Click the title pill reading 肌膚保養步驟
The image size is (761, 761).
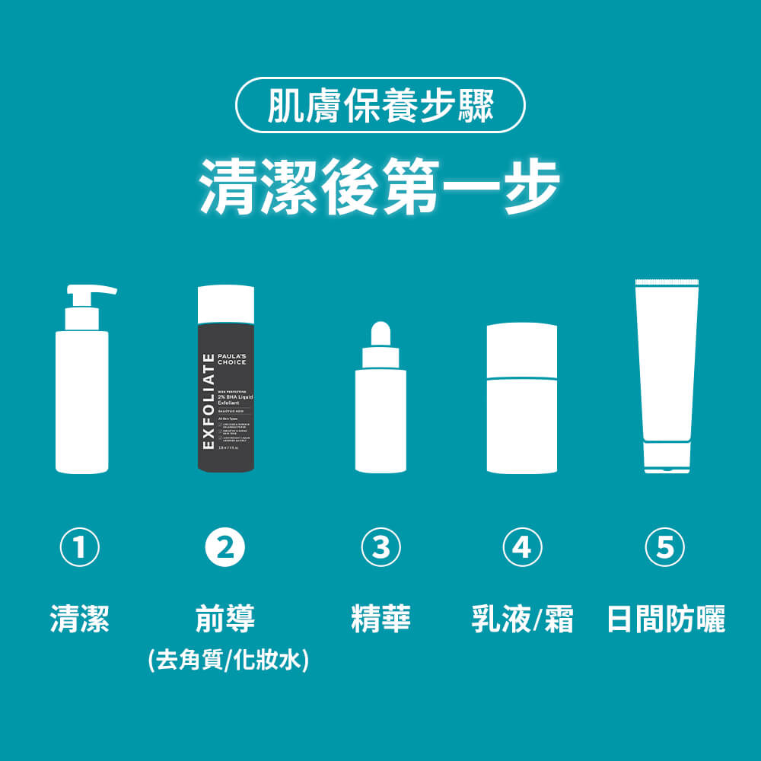[380, 105]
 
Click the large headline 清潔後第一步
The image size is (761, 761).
[380, 186]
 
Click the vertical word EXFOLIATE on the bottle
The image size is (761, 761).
[208, 401]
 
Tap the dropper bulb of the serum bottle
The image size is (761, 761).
[380, 333]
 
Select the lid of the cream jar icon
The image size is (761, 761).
[522, 350]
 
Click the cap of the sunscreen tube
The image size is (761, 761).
[666, 459]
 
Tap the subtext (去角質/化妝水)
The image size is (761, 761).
[228, 659]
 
